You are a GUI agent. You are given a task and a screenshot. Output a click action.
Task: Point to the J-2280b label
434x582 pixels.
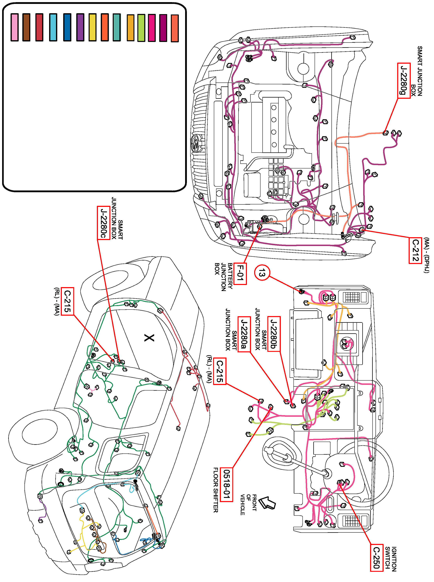click(274, 334)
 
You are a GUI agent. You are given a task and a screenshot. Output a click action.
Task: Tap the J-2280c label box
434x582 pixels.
click(104, 223)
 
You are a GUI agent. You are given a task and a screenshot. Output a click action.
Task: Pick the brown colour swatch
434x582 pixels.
click(26, 27)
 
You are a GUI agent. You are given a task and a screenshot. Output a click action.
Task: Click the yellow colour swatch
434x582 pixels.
click(93, 27)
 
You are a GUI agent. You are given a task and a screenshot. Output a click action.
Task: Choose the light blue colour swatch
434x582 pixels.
click(53, 27)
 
